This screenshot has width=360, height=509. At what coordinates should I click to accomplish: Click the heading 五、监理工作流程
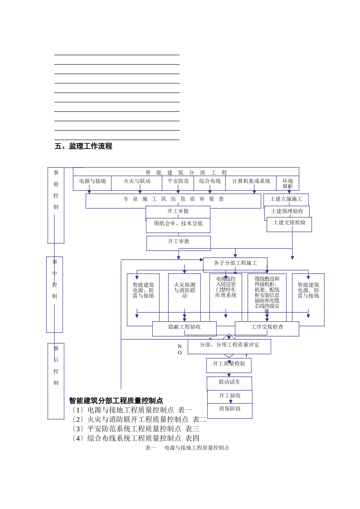pos(83,146)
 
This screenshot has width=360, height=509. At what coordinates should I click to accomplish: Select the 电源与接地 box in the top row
pos(92,181)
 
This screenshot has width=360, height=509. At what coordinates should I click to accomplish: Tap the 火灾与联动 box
pos(137,181)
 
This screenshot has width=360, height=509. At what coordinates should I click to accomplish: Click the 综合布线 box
pos(210,181)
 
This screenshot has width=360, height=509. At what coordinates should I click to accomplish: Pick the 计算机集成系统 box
pos(251,181)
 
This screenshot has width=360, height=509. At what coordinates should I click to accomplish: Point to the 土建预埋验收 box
pos(287,211)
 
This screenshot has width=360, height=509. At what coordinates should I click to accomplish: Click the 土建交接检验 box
pos(289,223)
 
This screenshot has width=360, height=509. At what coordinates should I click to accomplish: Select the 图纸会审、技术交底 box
pos(178,224)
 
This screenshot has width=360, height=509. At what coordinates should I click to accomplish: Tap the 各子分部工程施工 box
pos(235,263)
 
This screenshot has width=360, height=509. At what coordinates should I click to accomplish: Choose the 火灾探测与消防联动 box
pos(185,290)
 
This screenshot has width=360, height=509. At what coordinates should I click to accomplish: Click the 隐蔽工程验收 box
pos(185,327)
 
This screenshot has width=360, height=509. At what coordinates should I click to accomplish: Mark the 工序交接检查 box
pos(267,327)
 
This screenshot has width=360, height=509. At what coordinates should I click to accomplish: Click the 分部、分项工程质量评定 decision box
pos(229,345)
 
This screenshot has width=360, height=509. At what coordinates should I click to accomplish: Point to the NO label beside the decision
pos(180,350)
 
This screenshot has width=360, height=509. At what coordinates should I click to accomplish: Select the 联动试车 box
pos(229,382)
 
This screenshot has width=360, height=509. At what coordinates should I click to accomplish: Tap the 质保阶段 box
pos(230,409)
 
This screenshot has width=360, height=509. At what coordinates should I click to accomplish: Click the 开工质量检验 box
pos(229,364)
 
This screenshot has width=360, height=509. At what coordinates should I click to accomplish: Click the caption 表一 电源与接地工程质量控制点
pos(187,448)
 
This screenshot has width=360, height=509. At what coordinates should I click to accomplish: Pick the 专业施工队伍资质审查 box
pos(173,200)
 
